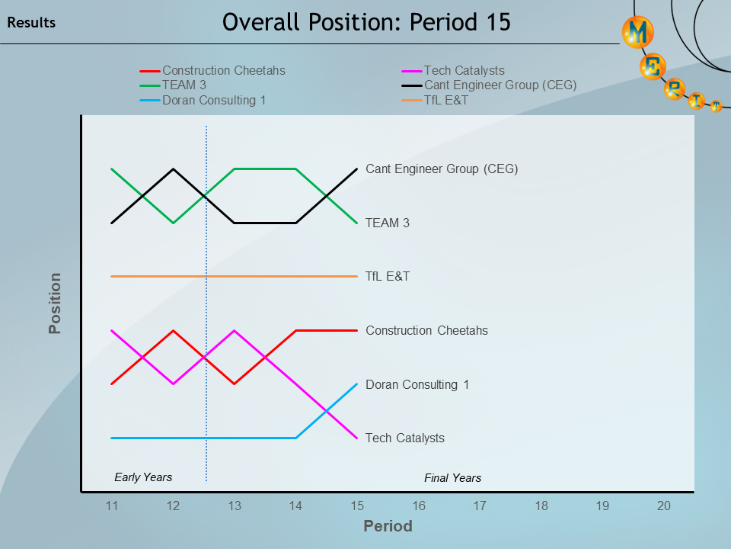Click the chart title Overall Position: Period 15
366,23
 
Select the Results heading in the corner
31,23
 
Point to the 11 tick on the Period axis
112,506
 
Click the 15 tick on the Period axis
357,506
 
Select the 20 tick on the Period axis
664,506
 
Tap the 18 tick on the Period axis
541,506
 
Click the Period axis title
388,526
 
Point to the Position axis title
55,303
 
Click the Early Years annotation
143,477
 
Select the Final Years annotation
452,478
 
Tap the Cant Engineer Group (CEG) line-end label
442,169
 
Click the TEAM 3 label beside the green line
388,223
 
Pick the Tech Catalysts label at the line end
405,438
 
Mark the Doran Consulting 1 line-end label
417,384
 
